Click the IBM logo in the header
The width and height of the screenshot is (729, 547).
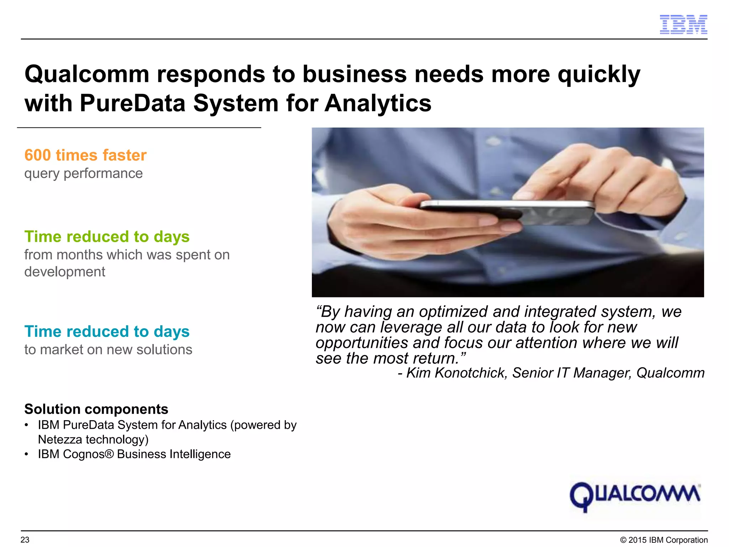[683, 25]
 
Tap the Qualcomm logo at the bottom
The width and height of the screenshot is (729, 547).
[635, 496]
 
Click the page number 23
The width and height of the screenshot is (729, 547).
[25, 540]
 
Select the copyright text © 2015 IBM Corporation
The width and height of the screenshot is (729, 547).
[664, 540]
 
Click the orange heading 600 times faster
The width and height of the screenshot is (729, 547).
[85, 155]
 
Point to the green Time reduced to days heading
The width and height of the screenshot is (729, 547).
[107, 237]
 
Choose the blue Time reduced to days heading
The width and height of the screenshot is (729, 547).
[107, 332]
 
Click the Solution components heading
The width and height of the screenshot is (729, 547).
[96, 409]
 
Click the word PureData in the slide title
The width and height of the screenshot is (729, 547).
[133, 103]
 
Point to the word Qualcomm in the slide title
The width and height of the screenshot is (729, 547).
[87, 74]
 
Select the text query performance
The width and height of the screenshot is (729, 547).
[83, 173]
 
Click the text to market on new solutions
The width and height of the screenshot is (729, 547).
[108, 350]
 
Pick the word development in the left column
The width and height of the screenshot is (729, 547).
[65, 272]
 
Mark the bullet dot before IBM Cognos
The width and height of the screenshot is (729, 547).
[26, 454]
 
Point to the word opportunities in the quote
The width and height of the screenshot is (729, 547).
[362, 343]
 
